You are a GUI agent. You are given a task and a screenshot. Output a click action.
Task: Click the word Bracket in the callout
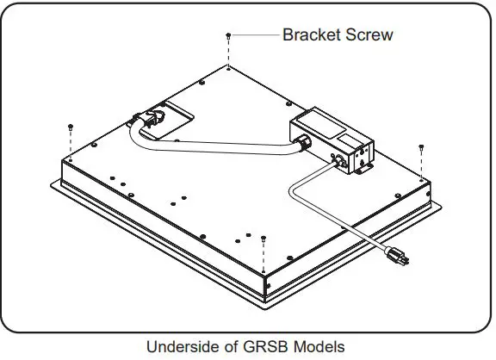tap(311, 35)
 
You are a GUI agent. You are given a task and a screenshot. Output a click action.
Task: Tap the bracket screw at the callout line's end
tap(227, 35)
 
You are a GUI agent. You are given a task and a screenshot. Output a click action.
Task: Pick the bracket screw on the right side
tap(421, 148)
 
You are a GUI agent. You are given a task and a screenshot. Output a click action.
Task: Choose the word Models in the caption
tap(314, 347)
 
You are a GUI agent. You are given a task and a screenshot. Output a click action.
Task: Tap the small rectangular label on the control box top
tap(349, 136)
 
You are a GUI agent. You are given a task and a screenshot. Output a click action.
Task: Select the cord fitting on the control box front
tap(339, 159)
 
